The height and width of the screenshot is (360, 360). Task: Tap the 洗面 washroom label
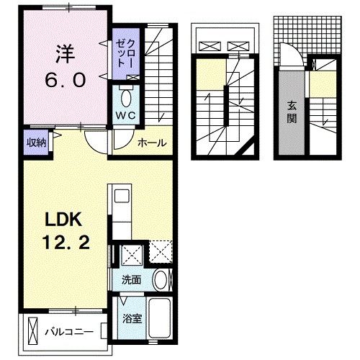coord(130,277)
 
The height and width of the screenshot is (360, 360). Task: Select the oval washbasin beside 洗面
coord(162,279)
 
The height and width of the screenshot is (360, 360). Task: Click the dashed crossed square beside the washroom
coord(159,252)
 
